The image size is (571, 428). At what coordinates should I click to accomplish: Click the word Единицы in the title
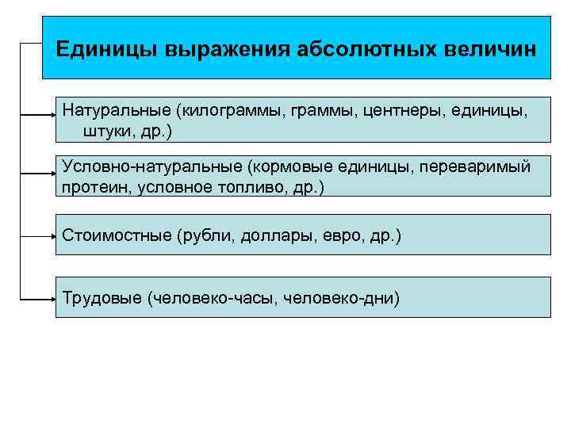point(106,48)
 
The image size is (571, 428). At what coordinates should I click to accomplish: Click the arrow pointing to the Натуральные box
point(40,115)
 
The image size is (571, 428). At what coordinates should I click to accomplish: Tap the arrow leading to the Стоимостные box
point(40,235)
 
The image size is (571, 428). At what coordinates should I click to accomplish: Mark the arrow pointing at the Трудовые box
point(40,300)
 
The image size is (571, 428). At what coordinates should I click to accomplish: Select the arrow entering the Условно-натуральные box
point(40,171)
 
